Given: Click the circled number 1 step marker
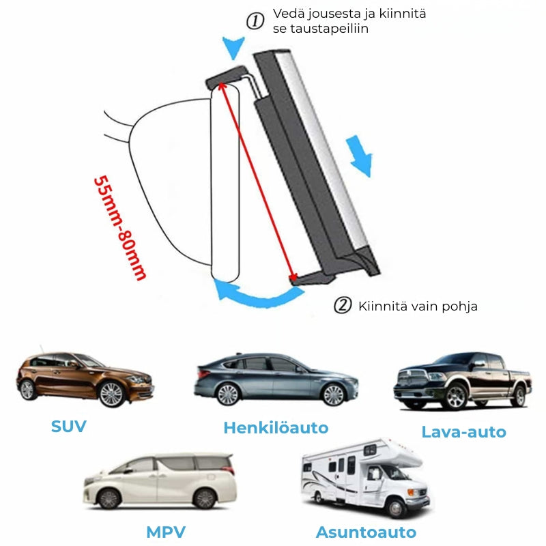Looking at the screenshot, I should pyautogui.click(x=255, y=21).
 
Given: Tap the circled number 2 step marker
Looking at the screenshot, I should pyautogui.click(x=342, y=305).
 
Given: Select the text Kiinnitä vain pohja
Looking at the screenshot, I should pyautogui.click(x=418, y=306).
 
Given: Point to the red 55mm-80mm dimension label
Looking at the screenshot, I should pyautogui.click(x=119, y=228).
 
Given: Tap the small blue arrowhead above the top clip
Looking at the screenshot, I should pyautogui.click(x=234, y=48).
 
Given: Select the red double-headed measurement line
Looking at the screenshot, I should pyautogui.click(x=257, y=181).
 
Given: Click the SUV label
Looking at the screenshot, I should pyautogui.click(x=69, y=427).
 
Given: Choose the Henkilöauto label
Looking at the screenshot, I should pyautogui.click(x=276, y=428).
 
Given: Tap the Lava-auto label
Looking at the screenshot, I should pyautogui.click(x=463, y=431).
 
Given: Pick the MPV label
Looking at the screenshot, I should pyautogui.click(x=165, y=532).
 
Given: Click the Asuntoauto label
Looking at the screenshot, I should pyautogui.click(x=366, y=532).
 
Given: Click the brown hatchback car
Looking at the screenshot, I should pyautogui.click(x=83, y=378).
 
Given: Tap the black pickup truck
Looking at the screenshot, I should pyautogui.click(x=462, y=380).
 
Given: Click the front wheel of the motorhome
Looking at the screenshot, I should pyautogui.click(x=397, y=507).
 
